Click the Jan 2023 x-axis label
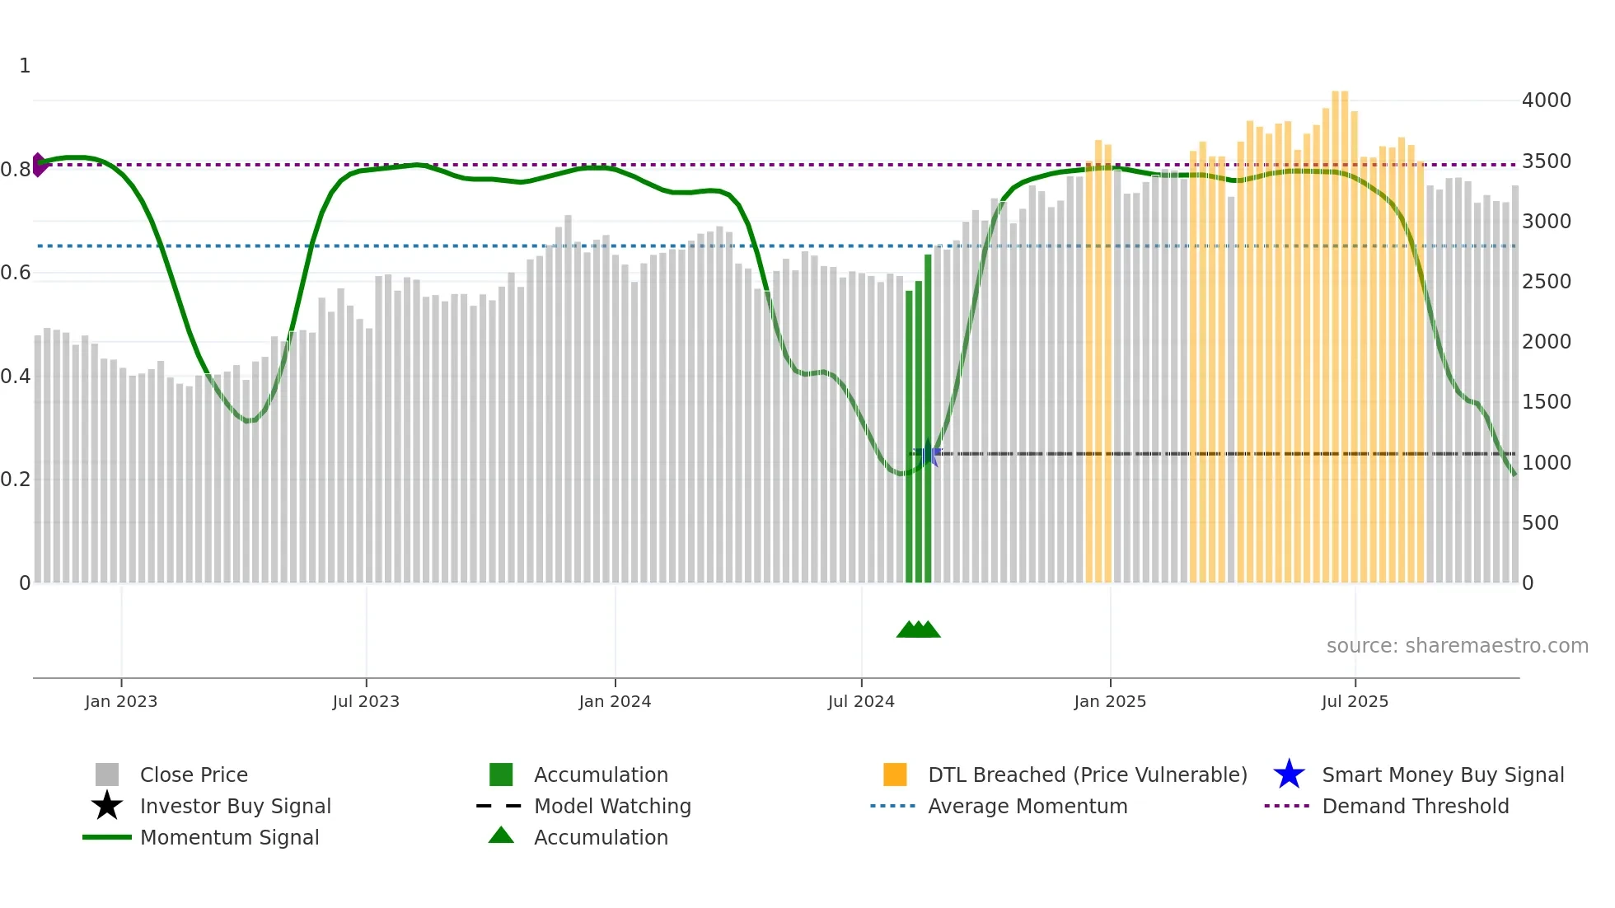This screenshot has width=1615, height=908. pyautogui.click(x=120, y=701)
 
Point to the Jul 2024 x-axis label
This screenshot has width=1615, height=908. pyautogui.click(x=861, y=701)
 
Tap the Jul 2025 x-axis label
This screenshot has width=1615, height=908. pyautogui.click(x=1355, y=701)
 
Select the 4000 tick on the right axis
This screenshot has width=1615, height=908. pyautogui.click(x=1546, y=101)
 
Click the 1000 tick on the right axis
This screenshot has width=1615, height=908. pyautogui.click(x=1546, y=462)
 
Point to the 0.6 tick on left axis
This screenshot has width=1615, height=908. pyautogui.click(x=16, y=273)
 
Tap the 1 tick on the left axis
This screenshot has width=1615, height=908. pyautogui.click(x=25, y=66)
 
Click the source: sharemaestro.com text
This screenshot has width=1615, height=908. pyautogui.click(x=1457, y=645)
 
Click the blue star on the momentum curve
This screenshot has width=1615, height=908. pyautogui.click(x=929, y=453)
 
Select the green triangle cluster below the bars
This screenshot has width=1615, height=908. pyautogui.click(x=918, y=630)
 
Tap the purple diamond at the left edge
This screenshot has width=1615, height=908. pyautogui.click(x=39, y=165)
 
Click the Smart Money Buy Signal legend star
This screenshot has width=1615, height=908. pyautogui.click(x=1289, y=775)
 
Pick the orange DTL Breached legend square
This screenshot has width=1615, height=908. pyautogui.click(x=895, y=775)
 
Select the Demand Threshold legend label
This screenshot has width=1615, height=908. pyautogui.click(x=1415, y=806)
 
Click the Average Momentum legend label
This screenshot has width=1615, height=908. pyautogui.click(x=1027, y=806)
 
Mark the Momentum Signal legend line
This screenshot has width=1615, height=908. pyautogui.click(x=107, y=837)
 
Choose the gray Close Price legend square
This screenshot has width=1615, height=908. pyautogui.click(x=107, y=775)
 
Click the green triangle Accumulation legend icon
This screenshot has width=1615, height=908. pyautogui.click(x=501, y=835)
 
